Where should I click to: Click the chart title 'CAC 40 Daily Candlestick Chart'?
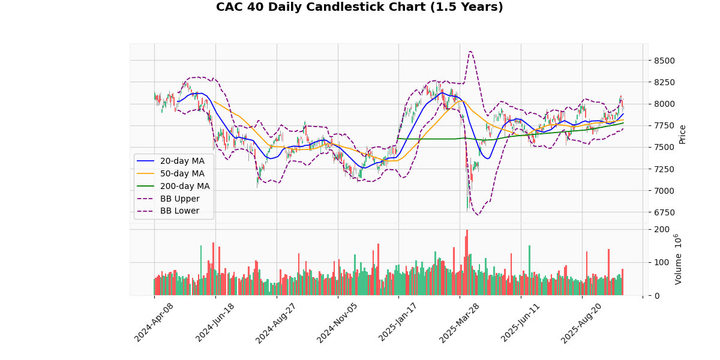click(x=359, y=7)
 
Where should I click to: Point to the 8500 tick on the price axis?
click(x=664, y=61)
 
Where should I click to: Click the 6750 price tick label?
click(x=664, y=212)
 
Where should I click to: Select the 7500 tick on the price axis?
click(x=664, y=148)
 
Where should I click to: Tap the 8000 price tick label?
click(x=664, y=104)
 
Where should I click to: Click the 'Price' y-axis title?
click(x=682, y=134)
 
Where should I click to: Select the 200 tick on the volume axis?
click(x=662, y=229)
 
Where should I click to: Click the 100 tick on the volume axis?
click(x=662, y=262)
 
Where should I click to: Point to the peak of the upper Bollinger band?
click(x=470, y=51)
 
